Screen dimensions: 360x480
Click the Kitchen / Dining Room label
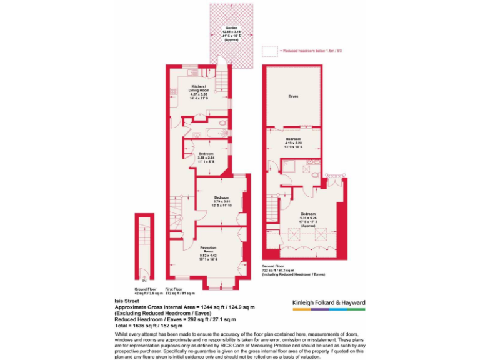pos(199,91)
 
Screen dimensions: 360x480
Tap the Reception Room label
pos(208,252)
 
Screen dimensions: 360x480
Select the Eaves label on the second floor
pos(292,96)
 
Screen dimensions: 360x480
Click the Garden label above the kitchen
pos(232,34)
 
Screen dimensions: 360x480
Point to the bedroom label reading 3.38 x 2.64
pos(206,156)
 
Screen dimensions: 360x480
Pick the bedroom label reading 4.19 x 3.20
pos(293,143)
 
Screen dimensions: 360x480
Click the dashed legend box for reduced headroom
pos(269,50)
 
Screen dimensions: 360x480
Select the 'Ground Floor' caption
pos(145,289)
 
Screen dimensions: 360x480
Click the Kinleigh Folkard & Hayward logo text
pos(329,303)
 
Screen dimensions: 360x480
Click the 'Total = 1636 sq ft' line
pos(149,326)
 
